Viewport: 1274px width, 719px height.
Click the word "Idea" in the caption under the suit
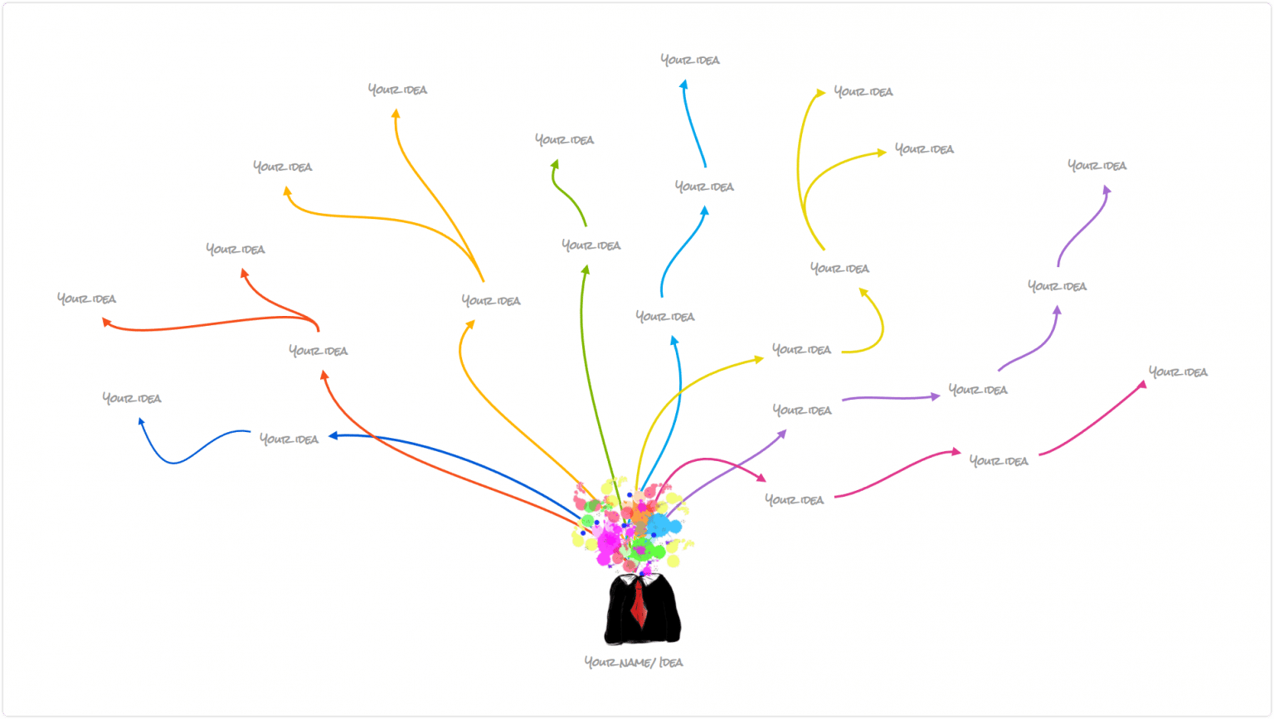[671, 663]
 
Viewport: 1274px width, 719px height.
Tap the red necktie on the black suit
[638, 604]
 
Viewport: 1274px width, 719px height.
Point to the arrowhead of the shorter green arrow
[555, 164]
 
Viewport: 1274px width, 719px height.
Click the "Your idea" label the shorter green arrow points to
[564, 140]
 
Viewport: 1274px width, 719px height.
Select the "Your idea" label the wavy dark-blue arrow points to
[132, 398]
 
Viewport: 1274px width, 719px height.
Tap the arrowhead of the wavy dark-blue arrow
[141, 421]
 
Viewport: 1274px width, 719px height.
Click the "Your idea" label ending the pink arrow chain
[1178, 372]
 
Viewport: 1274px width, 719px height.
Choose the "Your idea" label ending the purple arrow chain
[1097, 166]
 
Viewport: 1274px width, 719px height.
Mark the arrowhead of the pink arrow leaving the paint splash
[761, 478]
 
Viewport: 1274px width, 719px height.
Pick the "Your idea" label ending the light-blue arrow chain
[690, 60]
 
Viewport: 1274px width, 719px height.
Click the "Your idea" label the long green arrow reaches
[591, 245]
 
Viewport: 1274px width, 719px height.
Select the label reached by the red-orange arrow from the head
[318, 351]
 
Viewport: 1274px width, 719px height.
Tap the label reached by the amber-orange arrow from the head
[491, 301]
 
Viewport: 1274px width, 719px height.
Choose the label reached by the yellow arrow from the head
[801, 350]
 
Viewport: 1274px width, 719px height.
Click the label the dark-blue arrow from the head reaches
[289, 439]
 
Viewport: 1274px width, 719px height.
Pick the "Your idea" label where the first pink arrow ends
[794, 500]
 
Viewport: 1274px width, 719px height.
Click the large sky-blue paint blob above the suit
[661, 525]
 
